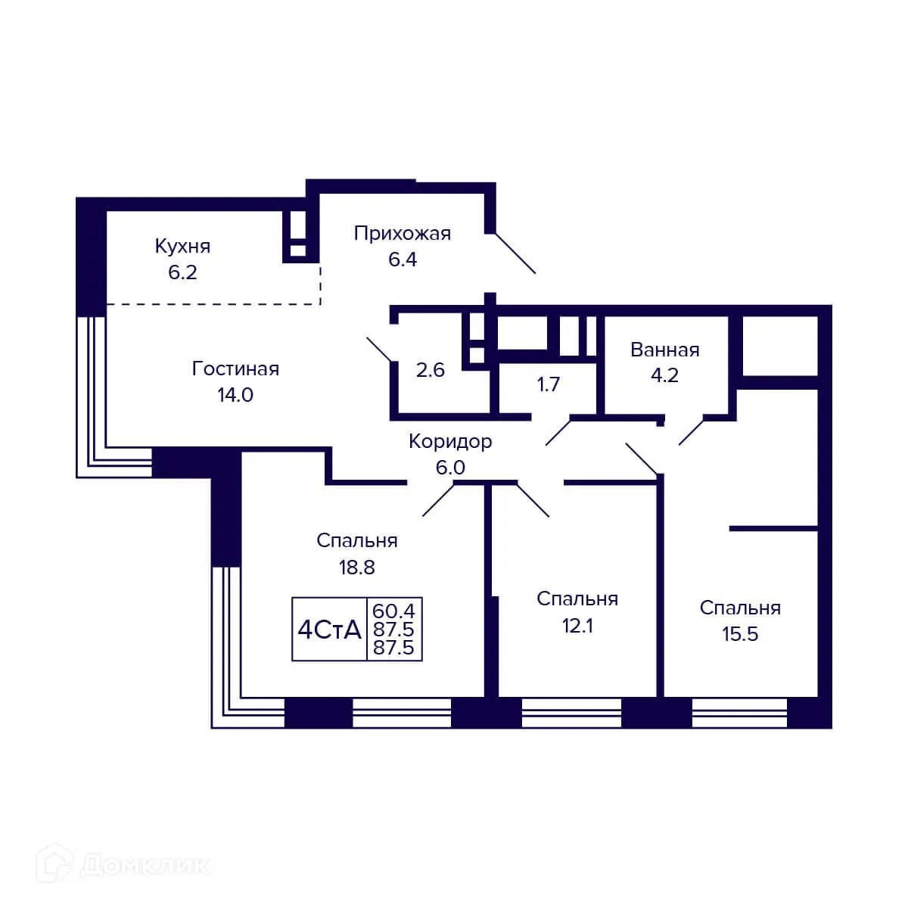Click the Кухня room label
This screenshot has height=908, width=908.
coord(182,246)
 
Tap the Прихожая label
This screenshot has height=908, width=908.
coord(402,233)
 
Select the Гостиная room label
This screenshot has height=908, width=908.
coord(235,368)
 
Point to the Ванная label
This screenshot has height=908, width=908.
coord(664,350)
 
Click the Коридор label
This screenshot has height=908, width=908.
coord(450,441)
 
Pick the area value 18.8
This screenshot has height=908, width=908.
coord(356,567)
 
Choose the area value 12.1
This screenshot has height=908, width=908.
coord(577,626)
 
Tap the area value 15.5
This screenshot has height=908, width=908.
coord(740,634)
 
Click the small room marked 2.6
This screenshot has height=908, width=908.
coord(430,370)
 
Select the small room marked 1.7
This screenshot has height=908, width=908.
coord(548,384)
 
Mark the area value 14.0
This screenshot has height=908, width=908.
coord(235,394)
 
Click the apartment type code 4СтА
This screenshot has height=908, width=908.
coord(329,630)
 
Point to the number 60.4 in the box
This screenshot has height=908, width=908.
coord(394,610)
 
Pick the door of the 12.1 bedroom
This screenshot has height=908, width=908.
coord(533,499)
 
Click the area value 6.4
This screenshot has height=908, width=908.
coord(402,260)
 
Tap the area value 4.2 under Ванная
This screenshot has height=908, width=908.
coord(664,375)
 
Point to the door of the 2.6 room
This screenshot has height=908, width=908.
coord(380,349)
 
